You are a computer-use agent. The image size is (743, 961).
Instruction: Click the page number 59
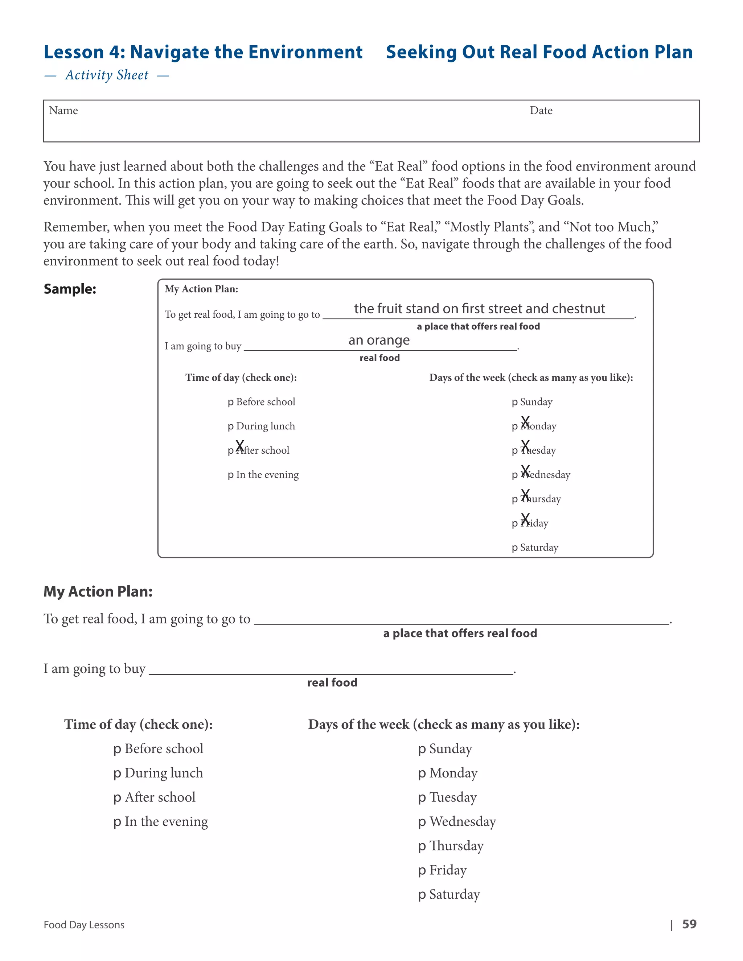(x=689, y=924)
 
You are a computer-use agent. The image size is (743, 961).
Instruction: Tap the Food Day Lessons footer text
(x=84, y=925)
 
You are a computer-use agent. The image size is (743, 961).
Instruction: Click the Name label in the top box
(x=63, y=111)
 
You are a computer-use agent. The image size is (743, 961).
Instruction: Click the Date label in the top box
(x=541, y=111)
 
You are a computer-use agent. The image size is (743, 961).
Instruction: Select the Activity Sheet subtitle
(x=107, y=75)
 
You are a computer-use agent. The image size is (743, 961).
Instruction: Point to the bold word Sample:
(x=70, y=289)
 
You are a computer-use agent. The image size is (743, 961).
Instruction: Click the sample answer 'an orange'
(x=379, y=340)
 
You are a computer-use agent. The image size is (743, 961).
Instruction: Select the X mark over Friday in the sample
(x=525, y=519)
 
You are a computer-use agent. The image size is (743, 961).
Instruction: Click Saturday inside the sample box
(x=539, y=547)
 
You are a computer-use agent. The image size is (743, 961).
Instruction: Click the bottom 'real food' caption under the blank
(x=332, y=682)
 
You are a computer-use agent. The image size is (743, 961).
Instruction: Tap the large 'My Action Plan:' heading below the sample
(x=98, y=591)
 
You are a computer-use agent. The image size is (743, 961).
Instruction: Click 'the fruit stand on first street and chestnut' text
(x=479, y=309)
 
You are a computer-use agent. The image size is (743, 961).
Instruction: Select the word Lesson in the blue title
(x=74, y=52)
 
